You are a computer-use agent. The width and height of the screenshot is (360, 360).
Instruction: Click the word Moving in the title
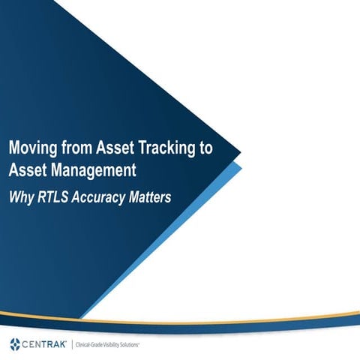coord(31,149)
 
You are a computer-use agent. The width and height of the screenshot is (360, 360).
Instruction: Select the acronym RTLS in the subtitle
coord(52,198)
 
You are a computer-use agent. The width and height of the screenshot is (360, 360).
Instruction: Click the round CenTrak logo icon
coord(16,344)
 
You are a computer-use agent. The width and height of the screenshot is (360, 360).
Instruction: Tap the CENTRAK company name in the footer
coord(46,344)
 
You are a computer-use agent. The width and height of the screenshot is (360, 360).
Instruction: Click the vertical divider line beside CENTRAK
coord(72,344)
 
